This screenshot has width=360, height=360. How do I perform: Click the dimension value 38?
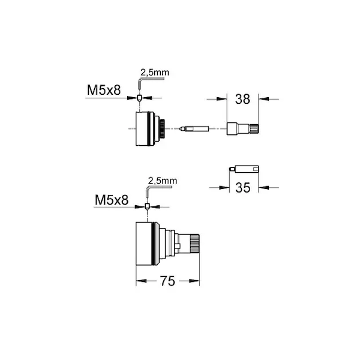point(242,99)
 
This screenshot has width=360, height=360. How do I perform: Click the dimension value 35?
point(242,188)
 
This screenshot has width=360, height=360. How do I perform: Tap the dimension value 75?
point(167,281)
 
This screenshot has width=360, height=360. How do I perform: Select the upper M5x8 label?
point(104,90)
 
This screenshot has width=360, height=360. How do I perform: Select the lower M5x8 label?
point(112,200)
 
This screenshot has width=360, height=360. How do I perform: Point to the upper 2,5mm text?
point(155,73)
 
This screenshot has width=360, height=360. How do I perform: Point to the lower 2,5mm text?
point(163,181)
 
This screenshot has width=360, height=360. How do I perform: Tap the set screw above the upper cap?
point(139,98)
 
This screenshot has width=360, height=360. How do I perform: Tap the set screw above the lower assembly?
point(147,206)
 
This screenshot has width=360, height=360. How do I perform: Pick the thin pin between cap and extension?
point(194,128)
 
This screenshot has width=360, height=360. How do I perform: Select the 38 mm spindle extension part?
point(242,129)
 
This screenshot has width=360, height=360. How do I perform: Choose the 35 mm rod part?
point(244,169)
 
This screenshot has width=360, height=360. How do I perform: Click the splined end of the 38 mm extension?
point(254,129)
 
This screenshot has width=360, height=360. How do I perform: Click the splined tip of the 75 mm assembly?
point(194,244)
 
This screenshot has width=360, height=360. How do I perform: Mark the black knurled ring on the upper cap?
point(163,128)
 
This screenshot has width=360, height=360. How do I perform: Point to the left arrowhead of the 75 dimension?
point(141,281)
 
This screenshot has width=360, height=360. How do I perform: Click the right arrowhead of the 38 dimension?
point(263,99)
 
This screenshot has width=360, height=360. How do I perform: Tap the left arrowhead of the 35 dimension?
point(224,188)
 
